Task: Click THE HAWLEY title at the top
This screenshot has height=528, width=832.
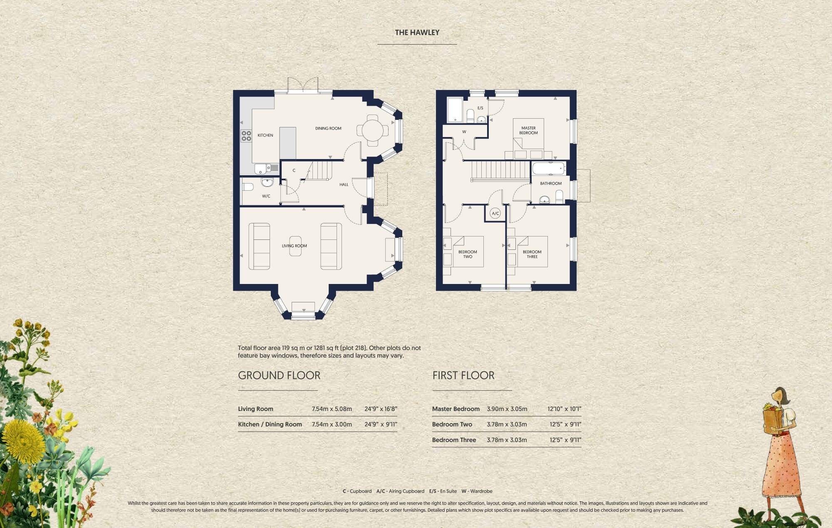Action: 417,32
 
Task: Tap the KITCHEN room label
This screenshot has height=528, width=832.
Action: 265,135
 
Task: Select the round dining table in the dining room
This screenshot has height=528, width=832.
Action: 372,131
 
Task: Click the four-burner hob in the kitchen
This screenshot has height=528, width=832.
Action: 246,136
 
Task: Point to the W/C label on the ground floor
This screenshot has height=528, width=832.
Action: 266,196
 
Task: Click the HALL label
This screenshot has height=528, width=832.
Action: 344,184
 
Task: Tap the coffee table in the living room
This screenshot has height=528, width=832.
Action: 295,246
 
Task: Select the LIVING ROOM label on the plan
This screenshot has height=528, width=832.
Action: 294,246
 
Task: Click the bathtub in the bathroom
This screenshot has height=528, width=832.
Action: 549,169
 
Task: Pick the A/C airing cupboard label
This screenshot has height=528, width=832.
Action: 495,214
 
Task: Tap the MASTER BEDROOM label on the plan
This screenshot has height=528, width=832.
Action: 528,130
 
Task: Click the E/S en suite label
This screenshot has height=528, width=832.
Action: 480,108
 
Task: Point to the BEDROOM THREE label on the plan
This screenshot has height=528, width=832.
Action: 532,254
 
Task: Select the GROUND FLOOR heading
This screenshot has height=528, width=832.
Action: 279,375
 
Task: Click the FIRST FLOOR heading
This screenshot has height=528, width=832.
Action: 463,375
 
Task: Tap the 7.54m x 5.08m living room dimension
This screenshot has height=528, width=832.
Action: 332,409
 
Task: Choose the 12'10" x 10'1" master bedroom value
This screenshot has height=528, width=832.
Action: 564,409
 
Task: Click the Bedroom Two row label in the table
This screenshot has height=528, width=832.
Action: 452,424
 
